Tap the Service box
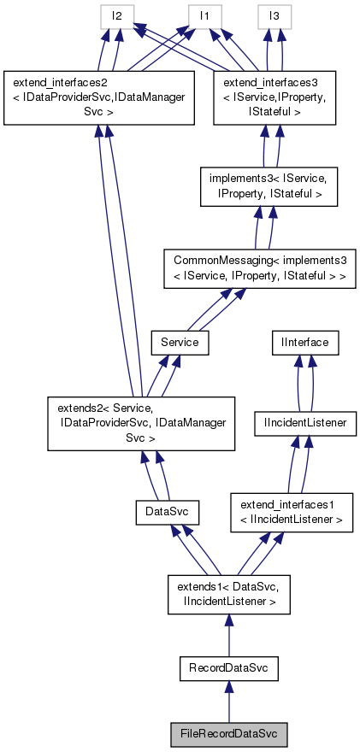click(180, 342)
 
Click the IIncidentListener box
click(305, 422)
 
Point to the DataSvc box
click(167, 513)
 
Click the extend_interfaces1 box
click(292, 513)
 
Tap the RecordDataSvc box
click(228, 668)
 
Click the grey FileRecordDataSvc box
click(228, 733)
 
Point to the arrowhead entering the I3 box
click(273, 35)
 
